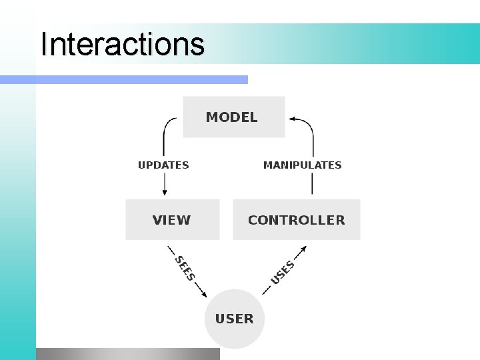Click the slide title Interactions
122,45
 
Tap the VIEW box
172,219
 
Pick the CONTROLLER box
296,219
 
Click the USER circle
234,319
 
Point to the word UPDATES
163,165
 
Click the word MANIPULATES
302,165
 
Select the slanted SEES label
185,268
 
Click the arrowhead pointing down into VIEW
164,192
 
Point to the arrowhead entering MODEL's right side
291,119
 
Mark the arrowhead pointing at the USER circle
203,294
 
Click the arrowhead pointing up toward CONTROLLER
303,249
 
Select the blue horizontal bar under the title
123,79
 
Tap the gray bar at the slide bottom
127,353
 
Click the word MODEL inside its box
231,117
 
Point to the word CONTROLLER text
296,220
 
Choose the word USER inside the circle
234,319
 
